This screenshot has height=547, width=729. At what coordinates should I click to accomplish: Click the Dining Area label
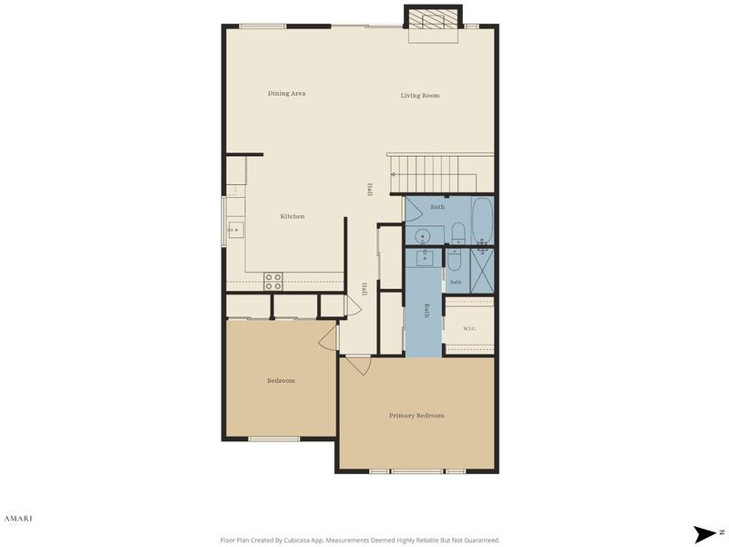tap(286, 94)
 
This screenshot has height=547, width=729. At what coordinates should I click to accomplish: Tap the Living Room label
tap(420, 96)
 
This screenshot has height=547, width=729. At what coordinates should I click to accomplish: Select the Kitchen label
tap(293, 216)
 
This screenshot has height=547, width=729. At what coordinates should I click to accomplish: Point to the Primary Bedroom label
tap(416, 416)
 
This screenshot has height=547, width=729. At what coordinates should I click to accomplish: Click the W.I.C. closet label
tap(469, 329)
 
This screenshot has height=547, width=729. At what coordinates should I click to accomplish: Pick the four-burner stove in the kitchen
tap(273, 282)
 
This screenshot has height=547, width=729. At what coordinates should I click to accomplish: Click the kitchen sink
tap(236, 230)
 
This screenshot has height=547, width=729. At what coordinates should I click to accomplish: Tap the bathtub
tap(482, 220)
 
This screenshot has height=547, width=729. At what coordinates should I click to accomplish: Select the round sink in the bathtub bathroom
tap(423, 236)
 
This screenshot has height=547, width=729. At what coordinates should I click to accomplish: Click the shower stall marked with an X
tap(482, 271)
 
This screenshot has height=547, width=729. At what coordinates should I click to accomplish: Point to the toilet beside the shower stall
tap(454, 259)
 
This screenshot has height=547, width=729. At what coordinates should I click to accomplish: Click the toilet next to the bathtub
tap(458, 232)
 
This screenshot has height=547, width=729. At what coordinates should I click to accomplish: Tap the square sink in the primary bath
tap(425, 257)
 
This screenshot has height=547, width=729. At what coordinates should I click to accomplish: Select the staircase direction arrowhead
tap(393, 174)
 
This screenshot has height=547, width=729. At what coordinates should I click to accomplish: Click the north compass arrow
tap(705, 533)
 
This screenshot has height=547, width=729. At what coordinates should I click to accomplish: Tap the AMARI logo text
tap(18, 519)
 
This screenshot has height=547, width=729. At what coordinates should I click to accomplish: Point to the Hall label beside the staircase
tap(370, 190)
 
